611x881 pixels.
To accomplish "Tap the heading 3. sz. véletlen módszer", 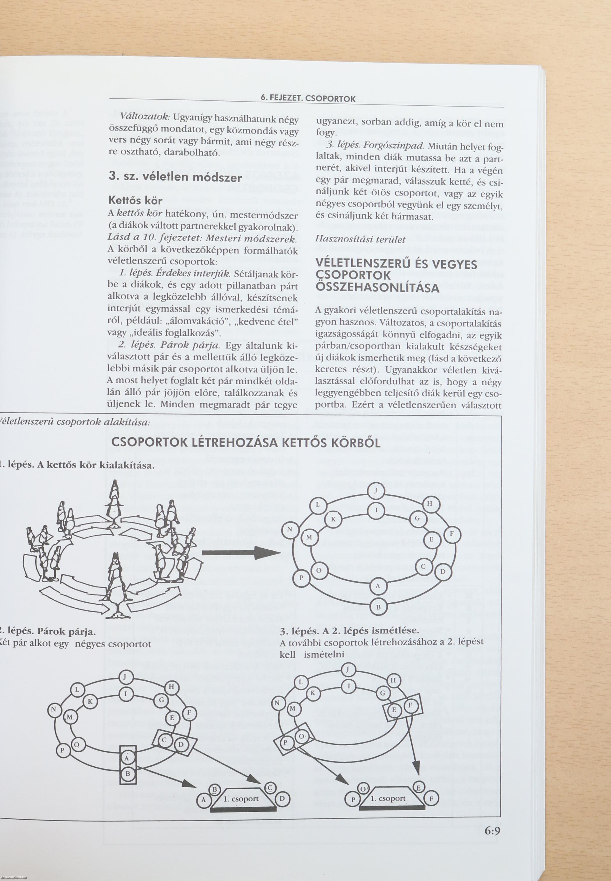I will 175,177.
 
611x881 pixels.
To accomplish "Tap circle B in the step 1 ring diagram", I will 378,607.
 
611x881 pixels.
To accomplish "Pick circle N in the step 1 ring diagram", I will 290,529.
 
